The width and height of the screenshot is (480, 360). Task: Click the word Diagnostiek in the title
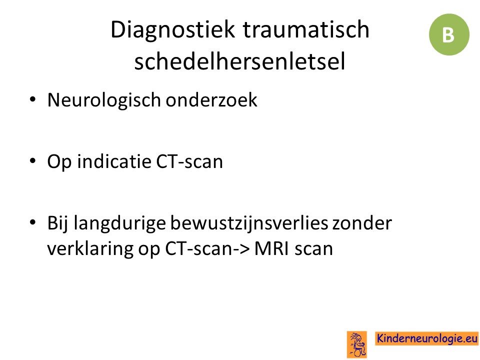172,30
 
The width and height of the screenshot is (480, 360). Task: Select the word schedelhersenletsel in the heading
239,61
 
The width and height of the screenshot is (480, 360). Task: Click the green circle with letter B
449,34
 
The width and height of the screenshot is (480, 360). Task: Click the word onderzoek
211,100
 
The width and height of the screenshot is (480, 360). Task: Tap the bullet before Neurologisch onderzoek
32,99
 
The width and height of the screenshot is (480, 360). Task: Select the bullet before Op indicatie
32,161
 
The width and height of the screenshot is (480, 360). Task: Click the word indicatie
114,161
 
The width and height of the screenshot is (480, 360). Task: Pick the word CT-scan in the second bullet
189,161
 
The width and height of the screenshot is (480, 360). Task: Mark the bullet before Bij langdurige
32,222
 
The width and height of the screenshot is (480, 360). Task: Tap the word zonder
362,223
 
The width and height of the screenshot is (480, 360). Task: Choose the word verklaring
90,249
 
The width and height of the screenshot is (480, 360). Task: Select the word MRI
271,248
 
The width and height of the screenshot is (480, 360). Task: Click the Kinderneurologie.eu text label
426,338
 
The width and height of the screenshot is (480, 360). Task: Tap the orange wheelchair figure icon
356,344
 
